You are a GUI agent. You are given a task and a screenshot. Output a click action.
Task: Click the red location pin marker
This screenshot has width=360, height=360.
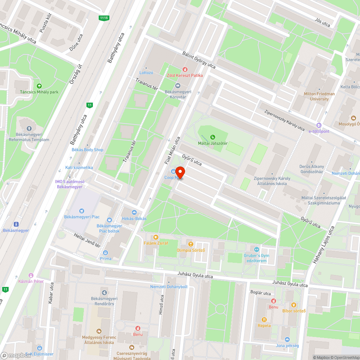(180, 172)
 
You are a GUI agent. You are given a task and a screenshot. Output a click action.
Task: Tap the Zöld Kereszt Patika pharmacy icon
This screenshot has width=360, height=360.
(185, 69)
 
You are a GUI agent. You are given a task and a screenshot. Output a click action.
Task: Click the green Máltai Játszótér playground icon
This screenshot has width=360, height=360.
(213, 137)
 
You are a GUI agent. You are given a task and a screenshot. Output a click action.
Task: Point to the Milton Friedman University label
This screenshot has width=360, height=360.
(319, 96)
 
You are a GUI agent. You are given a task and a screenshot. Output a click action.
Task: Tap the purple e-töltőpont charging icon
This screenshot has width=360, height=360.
(319, 125)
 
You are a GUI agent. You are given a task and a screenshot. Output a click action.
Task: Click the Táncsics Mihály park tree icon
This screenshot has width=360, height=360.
(39, 86)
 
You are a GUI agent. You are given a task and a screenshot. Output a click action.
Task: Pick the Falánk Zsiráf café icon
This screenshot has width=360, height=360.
(156, 237)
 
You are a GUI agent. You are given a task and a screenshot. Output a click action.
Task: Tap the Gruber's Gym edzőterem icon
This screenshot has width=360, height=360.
(256, 249)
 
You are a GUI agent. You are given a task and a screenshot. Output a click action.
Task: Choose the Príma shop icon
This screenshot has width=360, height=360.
(105, 252)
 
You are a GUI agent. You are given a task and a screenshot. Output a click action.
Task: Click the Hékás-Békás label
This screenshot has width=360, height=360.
(134, 219)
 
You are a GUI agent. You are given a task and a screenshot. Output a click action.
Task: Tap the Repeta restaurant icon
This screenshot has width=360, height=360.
(264, 319)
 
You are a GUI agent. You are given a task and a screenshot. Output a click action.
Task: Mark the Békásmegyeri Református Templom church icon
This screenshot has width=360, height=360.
(29, 129)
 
